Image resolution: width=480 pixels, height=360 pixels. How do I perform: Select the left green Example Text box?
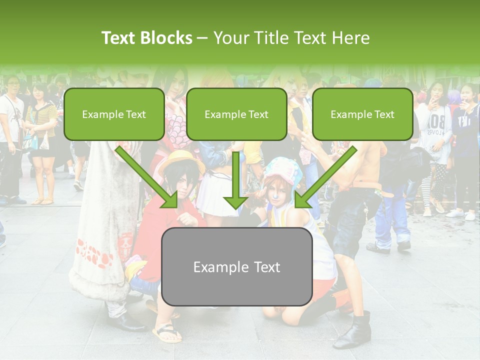point(114,114)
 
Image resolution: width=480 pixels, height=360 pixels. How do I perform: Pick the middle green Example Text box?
point(236,114)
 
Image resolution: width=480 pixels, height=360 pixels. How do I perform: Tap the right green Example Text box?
point(362,114)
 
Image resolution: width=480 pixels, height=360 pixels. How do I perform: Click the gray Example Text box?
point(236,266)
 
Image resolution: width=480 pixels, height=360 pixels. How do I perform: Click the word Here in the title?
point(353,38)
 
